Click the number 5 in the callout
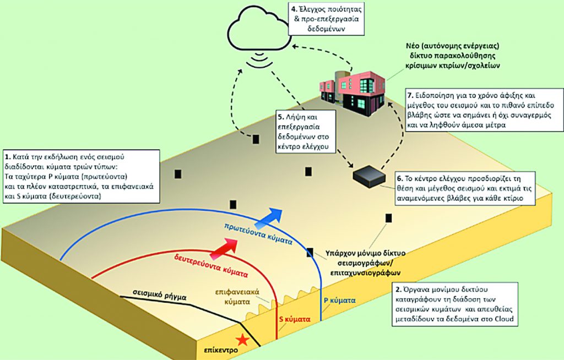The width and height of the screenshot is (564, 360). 281,117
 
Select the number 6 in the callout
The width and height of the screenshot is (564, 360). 399,179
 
